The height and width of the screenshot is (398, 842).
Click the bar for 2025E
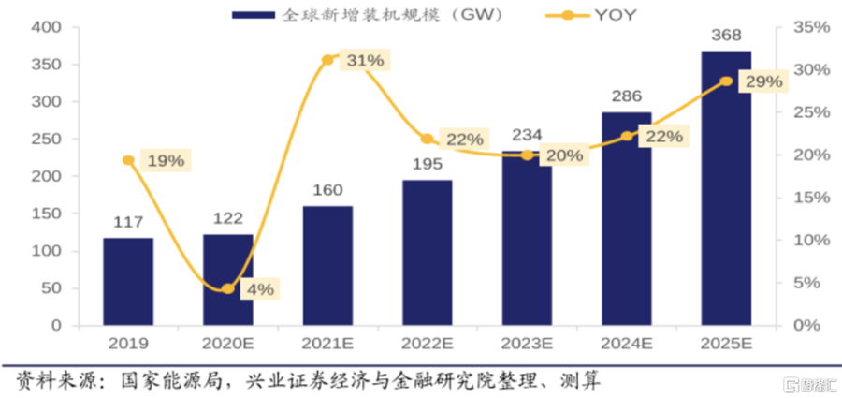(726, 187)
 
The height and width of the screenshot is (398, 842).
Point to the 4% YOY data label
(260, 288)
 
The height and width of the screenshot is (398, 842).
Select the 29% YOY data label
(762, 82)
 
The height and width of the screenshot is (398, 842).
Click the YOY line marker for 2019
(128, 160)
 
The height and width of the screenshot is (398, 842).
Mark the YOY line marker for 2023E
(528, 155)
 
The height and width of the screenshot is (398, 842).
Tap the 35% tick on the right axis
(811, 28)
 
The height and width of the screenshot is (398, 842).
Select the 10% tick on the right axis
(811, 240)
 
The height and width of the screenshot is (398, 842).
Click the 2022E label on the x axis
(427, 346)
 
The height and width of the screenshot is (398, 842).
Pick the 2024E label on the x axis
(626, 346)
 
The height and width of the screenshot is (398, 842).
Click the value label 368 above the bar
(726, 36)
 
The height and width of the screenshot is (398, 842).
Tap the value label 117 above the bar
(128, 222)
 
